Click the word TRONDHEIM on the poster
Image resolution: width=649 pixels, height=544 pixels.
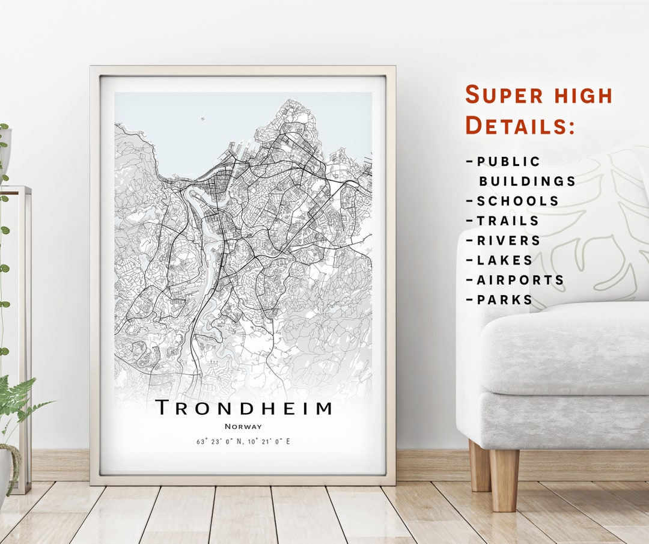243,408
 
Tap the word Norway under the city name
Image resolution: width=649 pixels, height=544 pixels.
243,426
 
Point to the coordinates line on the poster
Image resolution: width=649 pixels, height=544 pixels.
243,441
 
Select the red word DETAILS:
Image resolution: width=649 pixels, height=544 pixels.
520,126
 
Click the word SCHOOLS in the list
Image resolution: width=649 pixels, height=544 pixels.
518,201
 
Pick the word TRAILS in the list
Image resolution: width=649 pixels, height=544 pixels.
508,221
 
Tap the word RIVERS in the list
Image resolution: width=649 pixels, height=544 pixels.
509,240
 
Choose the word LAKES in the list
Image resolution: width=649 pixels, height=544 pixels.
505,260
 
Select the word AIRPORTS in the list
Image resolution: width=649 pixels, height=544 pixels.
520,280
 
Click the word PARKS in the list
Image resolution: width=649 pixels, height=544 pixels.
505,299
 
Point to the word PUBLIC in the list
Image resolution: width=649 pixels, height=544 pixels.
509,162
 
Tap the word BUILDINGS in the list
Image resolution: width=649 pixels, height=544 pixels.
527,181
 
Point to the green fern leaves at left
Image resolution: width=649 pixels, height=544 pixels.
18,397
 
